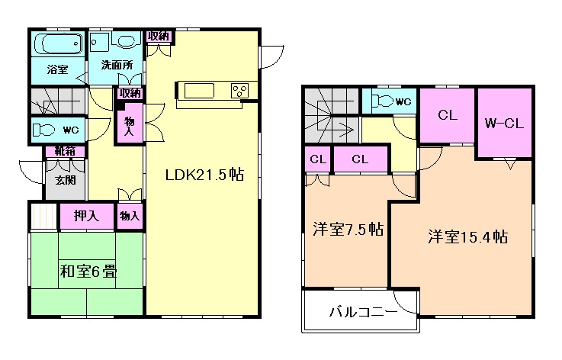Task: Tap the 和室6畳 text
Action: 88,271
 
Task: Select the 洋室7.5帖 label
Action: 348,230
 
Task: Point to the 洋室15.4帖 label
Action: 467,236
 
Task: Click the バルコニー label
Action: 362,313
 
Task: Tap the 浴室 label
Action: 57,70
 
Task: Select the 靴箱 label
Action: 64,151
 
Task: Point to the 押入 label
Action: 86,216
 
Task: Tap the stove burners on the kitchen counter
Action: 239,91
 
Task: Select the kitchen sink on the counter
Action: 200,91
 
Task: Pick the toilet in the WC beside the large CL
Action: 384,101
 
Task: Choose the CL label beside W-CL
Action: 446,115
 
